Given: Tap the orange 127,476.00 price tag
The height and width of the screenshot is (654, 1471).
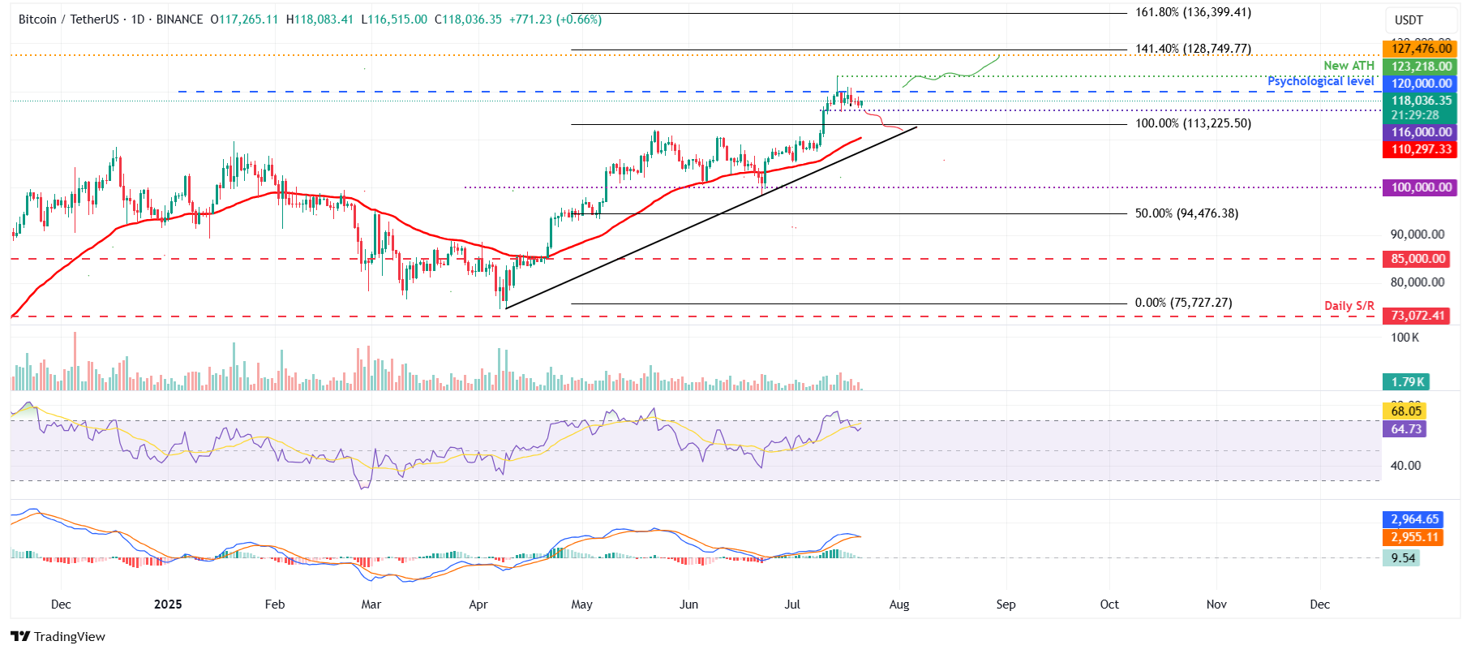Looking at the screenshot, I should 1421,49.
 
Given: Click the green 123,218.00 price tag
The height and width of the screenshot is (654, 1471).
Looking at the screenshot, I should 1421,67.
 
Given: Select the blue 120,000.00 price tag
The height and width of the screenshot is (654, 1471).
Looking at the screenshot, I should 1421,84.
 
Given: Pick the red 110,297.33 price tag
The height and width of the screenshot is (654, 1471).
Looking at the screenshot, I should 1421,149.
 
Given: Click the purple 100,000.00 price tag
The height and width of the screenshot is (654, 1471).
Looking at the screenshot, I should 1421,187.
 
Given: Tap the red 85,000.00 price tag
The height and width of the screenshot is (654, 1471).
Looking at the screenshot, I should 1417,259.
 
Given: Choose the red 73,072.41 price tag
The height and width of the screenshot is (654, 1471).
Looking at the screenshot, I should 1417,316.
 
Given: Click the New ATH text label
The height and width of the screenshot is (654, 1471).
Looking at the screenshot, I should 1349,66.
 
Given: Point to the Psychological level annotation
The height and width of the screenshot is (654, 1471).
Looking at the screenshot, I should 1320,81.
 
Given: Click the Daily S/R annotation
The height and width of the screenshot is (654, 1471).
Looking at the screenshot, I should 1349,306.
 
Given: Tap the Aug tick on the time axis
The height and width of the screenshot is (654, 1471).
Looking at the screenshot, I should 898,605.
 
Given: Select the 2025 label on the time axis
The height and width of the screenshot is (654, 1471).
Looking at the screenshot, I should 168,605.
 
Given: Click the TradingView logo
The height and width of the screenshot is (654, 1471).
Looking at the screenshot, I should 58,636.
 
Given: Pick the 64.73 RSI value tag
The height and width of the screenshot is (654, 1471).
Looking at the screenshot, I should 1405,429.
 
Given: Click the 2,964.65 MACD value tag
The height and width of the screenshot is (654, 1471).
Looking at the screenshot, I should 1414,519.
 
